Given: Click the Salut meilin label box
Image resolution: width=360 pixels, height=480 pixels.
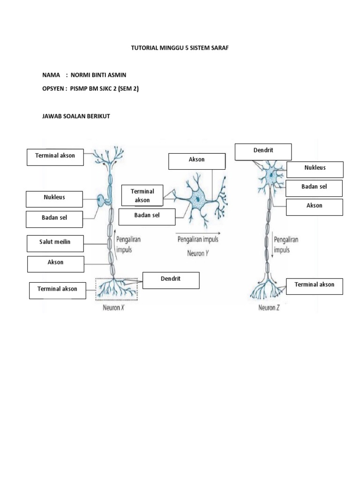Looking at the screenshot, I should [x=55, y=243].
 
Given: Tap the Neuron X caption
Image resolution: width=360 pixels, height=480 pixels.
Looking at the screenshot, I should [x=113, y=308].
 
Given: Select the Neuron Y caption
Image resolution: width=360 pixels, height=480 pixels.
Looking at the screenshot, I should [x=197, y=253].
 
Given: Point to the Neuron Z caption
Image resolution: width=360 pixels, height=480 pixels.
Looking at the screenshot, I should [x=269, y=308].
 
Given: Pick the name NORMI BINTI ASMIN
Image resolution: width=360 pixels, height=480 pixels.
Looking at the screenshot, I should [x=98, y=75].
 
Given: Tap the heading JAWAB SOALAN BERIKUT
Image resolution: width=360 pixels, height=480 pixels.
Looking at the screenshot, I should [x=76, y=116].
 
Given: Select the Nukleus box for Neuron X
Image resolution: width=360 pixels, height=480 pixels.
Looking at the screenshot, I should [x=55, y=199].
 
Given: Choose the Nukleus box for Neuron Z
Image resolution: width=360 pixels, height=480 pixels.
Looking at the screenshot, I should [x=315, y=169].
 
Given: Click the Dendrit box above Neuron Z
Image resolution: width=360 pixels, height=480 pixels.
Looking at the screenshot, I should [x=263, y=152].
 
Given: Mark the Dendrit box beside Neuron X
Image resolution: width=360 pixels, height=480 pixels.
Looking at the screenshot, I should [x=171, y=280].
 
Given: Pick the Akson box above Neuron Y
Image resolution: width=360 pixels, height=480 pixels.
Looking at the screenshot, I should [x=197, y=161].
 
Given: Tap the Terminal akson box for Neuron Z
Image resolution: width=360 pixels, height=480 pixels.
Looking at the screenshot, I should [x=315, y=286].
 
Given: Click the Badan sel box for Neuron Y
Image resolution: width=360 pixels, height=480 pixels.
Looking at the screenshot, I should [x=147, y=217].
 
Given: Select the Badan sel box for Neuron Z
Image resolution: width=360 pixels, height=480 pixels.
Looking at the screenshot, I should [x=314, y=188].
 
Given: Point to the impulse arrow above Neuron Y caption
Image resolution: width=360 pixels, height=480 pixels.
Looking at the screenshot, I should [x=197, y=232].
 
